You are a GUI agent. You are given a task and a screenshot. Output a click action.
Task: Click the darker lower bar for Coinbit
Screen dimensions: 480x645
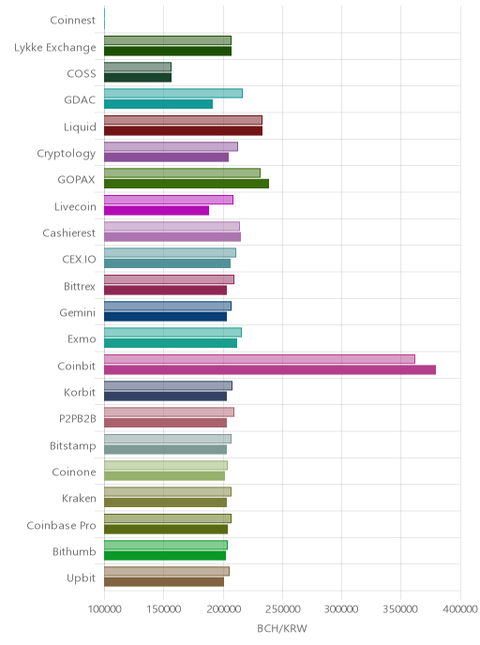[x=270, y=369]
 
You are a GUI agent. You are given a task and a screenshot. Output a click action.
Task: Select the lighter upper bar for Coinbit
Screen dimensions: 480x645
[x=260, y=359]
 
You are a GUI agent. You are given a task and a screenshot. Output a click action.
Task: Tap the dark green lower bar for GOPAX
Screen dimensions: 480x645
[x=187, y=184]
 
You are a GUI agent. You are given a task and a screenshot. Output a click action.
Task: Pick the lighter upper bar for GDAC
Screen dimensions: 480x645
[x=173, y=94]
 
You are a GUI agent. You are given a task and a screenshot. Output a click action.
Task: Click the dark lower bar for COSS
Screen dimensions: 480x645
[x=138, y=77]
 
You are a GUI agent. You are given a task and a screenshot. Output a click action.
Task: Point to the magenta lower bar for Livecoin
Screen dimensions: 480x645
[x=157, y=210]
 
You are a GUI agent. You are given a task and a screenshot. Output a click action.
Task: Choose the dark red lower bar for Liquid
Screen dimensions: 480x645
[x=183, y=131]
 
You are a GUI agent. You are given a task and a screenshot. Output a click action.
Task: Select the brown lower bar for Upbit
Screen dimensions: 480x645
[x=164, y=581]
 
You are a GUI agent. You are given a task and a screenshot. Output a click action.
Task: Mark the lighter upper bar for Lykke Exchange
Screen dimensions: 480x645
[x=168, y=40]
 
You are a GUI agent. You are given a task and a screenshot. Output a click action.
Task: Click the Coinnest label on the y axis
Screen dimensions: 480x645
[x=73, y=21]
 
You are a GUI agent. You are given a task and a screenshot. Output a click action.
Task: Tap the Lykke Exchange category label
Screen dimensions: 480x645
[x=55, y=48]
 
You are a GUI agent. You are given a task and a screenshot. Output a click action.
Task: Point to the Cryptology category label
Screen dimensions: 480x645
[x=67, y=154]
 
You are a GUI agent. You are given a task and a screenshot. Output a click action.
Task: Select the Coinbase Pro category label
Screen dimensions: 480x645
[x=61, y=525]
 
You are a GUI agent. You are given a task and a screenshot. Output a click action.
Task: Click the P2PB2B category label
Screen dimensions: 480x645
[x=78, y=419]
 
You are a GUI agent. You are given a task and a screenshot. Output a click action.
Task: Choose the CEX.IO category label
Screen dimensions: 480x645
[x=79, y=259]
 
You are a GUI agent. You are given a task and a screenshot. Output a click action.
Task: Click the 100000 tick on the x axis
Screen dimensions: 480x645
[x=104, y=608]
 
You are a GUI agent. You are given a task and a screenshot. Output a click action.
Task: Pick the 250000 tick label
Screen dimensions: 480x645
[x=282, y=608]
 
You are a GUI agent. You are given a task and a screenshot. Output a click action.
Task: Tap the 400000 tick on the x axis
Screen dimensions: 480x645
[x=460, y=608]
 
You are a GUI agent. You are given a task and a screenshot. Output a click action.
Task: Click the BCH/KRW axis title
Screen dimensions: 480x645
[x=282, y=628]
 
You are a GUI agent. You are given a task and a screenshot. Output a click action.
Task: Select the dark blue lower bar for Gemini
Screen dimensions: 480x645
[x=165, y=317]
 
